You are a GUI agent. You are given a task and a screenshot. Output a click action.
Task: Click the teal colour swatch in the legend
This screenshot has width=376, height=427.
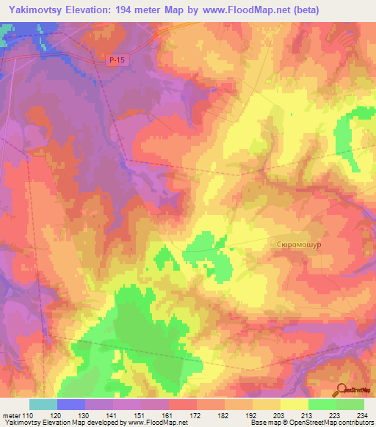[43, 404]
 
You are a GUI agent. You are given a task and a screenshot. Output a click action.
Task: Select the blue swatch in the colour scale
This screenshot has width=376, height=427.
[71, 404]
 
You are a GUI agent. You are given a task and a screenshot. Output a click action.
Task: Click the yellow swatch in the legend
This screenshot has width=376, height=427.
[294, 404]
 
